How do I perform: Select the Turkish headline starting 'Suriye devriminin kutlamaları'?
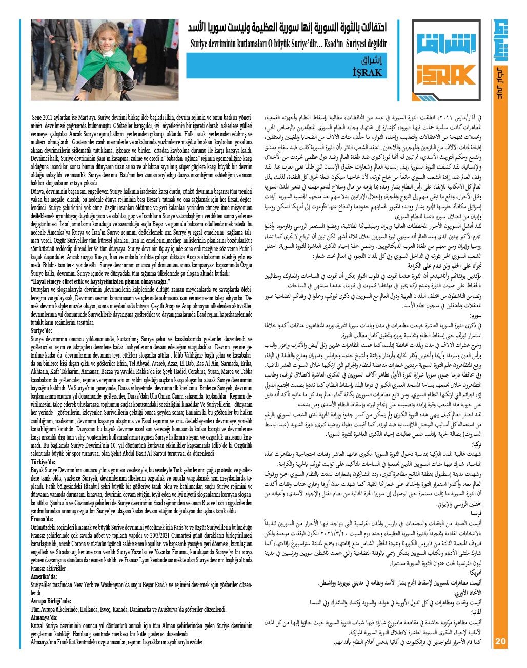pos(289,44)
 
